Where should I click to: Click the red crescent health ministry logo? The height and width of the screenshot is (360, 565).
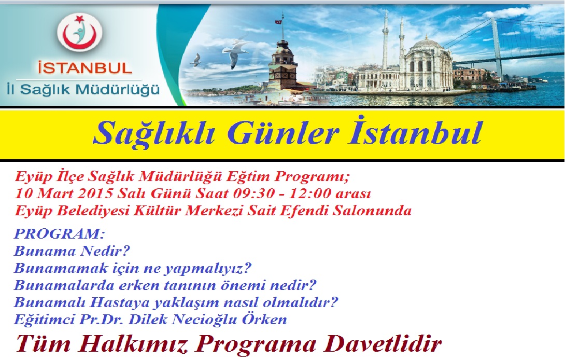(x=80, y=32)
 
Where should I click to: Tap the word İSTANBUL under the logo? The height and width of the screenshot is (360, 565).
(x=85, y=68)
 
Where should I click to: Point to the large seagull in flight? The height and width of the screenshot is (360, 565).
(x=235, y=53)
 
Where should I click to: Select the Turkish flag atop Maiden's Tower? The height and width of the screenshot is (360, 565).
(x=278, y=22)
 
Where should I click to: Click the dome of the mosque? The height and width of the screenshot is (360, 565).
(x=427, y=43)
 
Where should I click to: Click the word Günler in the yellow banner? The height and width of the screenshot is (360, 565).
(x=283, y=133)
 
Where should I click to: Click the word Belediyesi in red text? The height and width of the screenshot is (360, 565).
(x=93, y=211)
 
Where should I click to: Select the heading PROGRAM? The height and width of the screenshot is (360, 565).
(x=60, y=234)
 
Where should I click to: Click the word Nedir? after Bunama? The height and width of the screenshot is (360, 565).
(x=105, y=251)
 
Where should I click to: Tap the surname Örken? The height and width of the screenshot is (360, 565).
(x=264, y=319)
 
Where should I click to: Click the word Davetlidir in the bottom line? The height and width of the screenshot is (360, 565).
(x=383, y=343)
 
